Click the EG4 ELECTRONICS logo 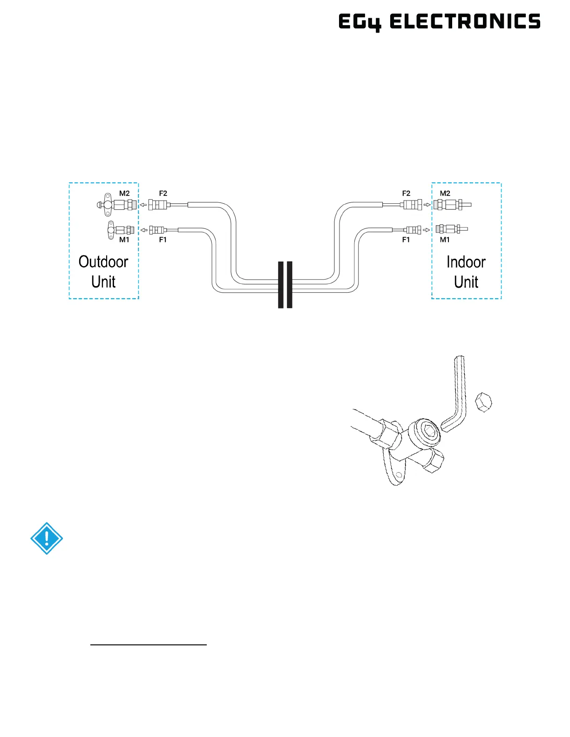coord(439,22)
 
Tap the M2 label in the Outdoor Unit coord(124,193)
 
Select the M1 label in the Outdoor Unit coord(124,240)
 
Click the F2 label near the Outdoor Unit coord(163,193)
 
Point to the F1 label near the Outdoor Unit coord(163,240)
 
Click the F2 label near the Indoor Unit coord(407,193)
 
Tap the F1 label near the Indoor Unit coord(406,240)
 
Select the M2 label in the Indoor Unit coord(445,193)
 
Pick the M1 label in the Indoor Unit coord(445,240)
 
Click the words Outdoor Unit coord(103,272)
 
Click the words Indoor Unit coord(466,272)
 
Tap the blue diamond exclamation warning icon coord(47,538)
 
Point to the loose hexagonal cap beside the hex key coord(483,402)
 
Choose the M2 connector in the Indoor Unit coord(451,204)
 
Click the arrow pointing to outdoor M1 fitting coord(144,230)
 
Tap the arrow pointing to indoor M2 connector coord(427,204)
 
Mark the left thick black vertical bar coord(281,285)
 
